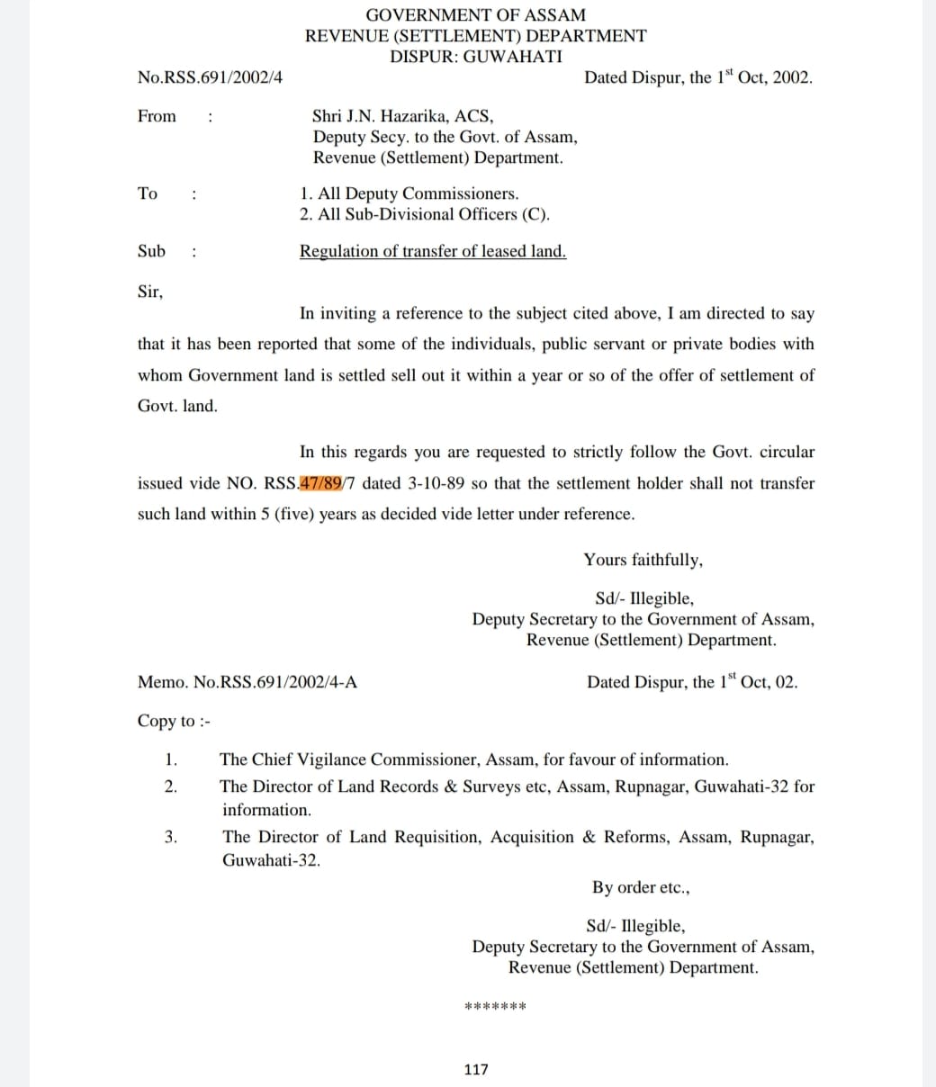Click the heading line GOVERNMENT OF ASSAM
tap(475, 15)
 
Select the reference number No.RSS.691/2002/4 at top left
tap(210, 77)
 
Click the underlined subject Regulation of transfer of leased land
tap(433, 252)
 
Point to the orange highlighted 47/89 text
tap(321, 483)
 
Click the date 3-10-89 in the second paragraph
tap(436, 483)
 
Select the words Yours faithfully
tap(643, 560)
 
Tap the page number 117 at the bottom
tap(475, 1069)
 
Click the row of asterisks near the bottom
tap(494, 1006)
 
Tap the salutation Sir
tap(150, 292)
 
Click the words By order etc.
tap(641, 887)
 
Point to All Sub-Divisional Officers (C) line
tap(425, 214)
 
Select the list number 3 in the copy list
tap(170, 837)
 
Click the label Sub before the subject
tap(151, 251)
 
